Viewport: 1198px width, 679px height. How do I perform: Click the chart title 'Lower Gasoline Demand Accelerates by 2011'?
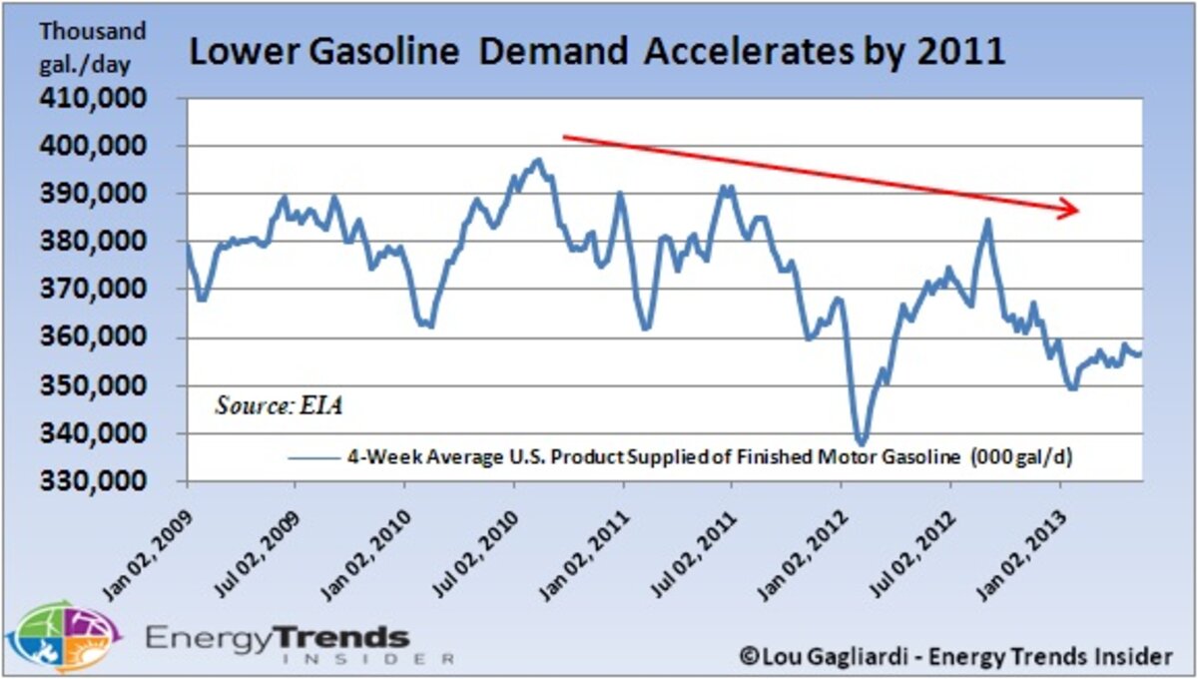click(x=596, y=52)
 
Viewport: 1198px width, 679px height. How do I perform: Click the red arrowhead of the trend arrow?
click(x=1070, y=209)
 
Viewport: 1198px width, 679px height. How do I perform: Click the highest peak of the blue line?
click(x=538, y=160)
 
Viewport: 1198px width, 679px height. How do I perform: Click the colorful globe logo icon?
click(x=62, y=637)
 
